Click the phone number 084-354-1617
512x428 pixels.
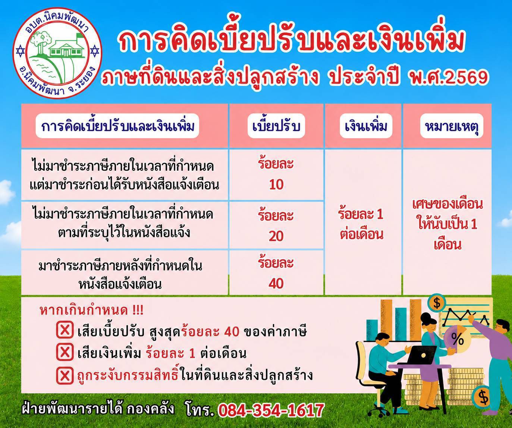[x=271, y=410]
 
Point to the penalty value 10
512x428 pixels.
[x=276, y=184]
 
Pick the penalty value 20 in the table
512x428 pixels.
[x=276, y=236]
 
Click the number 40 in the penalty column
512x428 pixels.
[x=276, y=283]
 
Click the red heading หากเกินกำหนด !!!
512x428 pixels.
[x=91, y=311]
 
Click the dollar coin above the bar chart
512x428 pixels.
[x=437, y=304]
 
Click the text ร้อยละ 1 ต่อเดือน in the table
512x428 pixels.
[x=361, y=224]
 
